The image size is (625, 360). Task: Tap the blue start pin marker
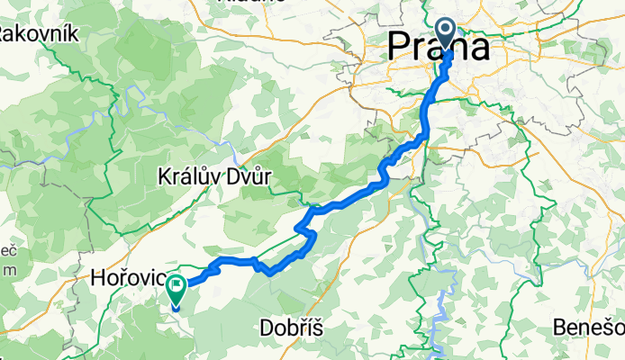[x=447, y=33]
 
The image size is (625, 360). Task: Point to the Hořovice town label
[x=126, y=281]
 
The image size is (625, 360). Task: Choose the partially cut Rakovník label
[x=41, y=34]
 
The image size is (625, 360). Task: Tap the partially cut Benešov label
[x=596, y=328]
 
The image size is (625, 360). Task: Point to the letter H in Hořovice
[x=99, y=281]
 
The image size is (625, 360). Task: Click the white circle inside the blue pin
[x=447, y=31]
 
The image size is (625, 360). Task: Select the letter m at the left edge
[x=9, y=269]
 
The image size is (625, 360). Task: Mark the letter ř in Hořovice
[x=123, y=281]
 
